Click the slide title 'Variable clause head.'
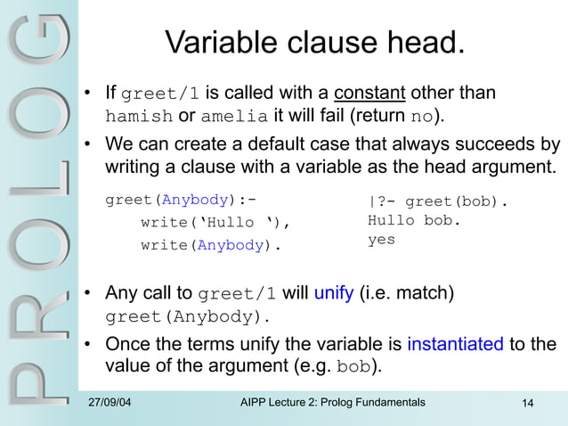(315, 42)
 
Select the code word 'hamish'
(138, 117)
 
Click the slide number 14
(527, 405)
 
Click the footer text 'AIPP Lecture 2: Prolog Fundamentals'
(332, 403)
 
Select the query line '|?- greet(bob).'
(437, 201)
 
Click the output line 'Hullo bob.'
(414, 220)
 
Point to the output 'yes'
(381, 240)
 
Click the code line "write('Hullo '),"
(216, 223)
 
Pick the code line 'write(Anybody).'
(210, 246)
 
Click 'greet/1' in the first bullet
(163, 94)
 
